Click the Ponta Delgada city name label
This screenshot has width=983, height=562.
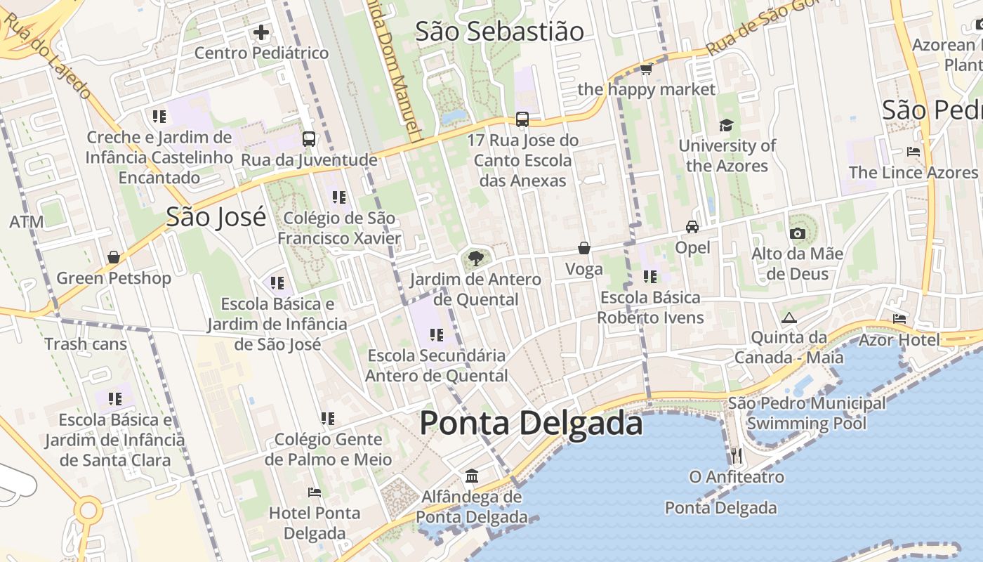(x=531, y=424)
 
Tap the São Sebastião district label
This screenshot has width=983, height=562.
(x=499, y=32)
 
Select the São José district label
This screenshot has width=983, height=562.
(x=216, y=217)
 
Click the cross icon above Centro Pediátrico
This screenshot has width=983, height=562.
(x=261, y=32)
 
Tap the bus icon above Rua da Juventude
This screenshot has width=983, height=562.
(x=309, y=139)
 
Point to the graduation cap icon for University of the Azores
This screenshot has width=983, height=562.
(x=726, y=126)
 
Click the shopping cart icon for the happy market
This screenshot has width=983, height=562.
(x=646, y=69)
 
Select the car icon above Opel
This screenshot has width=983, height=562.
(x=692, y=227)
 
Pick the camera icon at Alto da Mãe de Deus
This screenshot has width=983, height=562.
(x=797, y=233)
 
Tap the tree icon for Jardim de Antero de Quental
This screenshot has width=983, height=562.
(x=475, y=259)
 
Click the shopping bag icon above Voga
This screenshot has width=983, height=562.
(x=584, y=248)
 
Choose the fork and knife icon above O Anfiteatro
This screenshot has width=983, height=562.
(x=736, y=456)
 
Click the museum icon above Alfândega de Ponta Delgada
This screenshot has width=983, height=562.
(x=472, y=476)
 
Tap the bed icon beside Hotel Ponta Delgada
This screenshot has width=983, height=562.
(x=315, y=492)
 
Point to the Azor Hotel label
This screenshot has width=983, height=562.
(x=899, y=340)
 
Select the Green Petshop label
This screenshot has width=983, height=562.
(x=114, y=278)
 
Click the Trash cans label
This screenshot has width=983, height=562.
(x=86, y=344)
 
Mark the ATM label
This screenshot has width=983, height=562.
(x=27, y=223)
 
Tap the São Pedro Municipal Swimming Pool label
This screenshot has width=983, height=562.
(x=807, y=414)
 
